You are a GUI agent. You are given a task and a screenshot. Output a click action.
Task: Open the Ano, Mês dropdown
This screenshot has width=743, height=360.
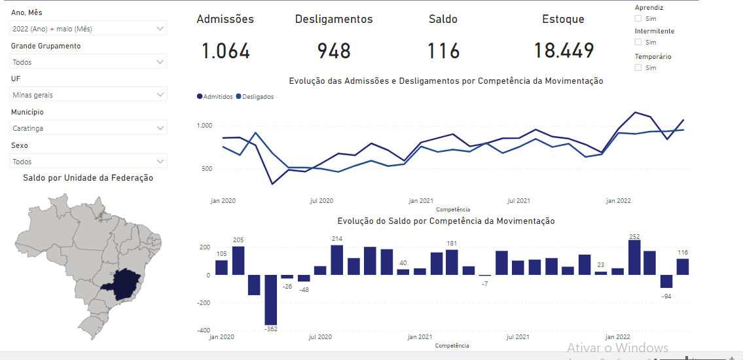pos(88,29)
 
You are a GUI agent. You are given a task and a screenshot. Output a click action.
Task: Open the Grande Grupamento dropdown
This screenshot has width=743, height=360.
pos(88,62)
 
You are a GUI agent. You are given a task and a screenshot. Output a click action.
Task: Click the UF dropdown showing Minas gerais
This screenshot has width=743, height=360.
pos(88,95)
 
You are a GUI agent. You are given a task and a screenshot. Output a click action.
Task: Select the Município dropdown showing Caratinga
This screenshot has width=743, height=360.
pos(88,128)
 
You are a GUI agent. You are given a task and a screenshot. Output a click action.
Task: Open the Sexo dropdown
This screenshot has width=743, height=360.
pos(88,161)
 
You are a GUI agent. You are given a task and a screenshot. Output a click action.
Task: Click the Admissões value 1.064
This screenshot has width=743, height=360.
pos(225,51)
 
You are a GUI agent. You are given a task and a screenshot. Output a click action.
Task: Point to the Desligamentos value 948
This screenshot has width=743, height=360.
pos(334,51)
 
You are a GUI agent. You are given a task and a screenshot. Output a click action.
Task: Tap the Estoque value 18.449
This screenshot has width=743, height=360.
pos(564,51)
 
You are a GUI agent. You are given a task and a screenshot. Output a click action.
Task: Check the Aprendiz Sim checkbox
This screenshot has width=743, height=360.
pos(638,18)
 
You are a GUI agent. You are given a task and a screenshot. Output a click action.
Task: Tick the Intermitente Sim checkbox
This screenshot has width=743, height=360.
pos(638,42)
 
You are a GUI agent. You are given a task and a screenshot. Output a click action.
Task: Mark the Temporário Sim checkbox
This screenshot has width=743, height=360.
pos(638,67)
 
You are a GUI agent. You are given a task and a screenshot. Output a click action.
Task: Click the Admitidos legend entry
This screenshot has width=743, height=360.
pos(215,96)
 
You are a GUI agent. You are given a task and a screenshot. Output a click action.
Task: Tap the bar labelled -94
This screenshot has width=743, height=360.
pos(666,281)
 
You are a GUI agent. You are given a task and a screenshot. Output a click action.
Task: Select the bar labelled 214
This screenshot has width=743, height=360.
pos(337,260)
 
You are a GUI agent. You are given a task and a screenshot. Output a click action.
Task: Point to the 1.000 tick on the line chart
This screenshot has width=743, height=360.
pos(205,126)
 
